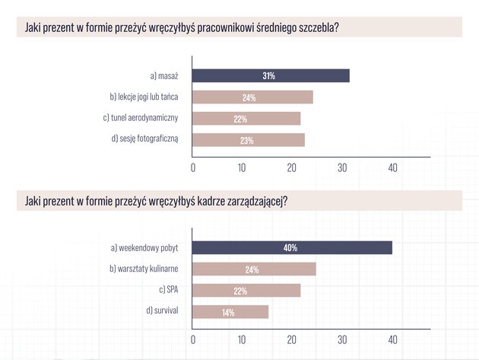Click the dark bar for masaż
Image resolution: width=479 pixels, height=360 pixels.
(271, 76)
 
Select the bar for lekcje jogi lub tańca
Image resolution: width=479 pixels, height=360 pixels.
(252, 97)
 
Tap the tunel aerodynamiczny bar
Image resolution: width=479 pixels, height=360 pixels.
(246, 119)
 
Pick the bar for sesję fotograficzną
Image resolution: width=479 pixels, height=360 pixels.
(249, 140)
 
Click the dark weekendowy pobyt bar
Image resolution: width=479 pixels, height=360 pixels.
(292, 248)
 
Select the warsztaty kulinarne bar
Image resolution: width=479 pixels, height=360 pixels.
(254, 269)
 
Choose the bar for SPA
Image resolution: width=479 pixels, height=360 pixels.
(246, 290)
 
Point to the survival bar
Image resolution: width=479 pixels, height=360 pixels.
(230, 312)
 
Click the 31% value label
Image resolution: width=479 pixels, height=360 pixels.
(269, 76)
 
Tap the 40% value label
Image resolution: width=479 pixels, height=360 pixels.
(290, 248)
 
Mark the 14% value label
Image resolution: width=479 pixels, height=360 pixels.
(228, 313)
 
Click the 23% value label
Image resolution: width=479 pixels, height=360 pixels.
(247, 141)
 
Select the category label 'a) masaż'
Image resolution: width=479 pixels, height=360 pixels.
(164, 76)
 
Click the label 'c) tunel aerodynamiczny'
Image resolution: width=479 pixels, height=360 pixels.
(141, 118)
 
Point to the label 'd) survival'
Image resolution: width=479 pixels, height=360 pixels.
(162, 311)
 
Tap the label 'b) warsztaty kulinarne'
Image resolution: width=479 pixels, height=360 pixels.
(144, 269)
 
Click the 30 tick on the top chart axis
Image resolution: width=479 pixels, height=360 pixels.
(342, 168)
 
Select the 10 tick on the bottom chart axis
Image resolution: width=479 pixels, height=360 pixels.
(242, 339)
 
